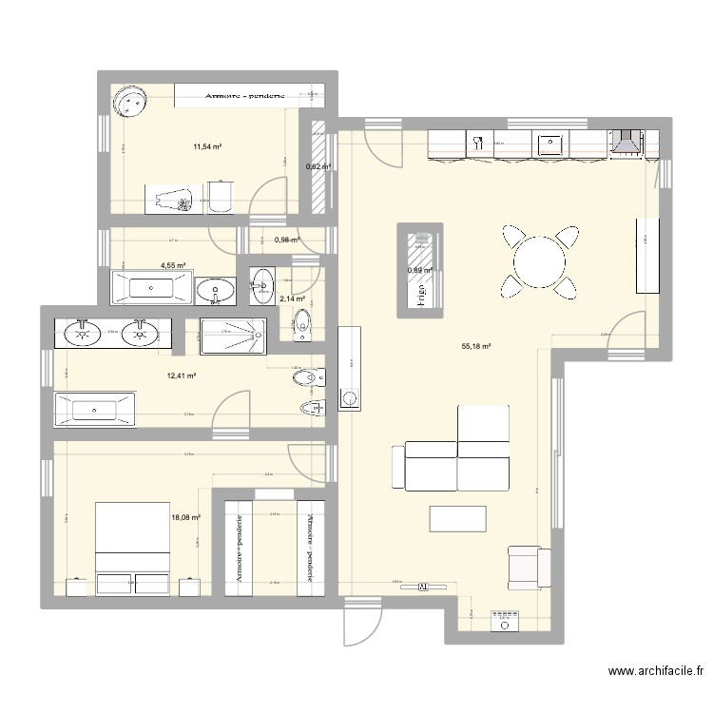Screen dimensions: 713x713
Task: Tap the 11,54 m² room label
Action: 208,147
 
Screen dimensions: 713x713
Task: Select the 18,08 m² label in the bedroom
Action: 185,517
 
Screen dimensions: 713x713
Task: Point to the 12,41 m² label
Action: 181,376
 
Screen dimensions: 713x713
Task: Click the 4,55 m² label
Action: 173,266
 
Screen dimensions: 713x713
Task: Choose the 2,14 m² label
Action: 291,299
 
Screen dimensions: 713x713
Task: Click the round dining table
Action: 539,260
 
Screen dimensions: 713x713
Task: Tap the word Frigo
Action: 418,296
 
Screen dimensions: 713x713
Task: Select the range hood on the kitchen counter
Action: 625,142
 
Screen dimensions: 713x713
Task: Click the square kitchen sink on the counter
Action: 550,145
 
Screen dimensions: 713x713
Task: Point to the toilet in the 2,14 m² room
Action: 302,322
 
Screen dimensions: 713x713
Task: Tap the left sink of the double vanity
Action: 84,332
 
